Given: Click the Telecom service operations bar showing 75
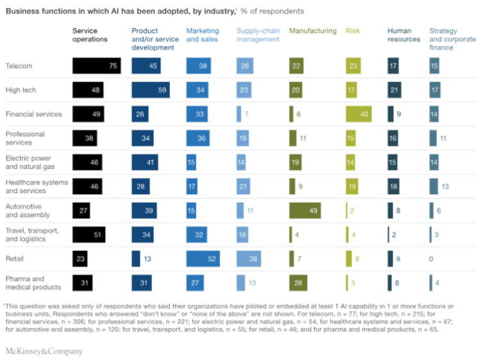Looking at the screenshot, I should coord(97,66).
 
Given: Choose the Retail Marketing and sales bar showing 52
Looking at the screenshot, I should coord(203,259).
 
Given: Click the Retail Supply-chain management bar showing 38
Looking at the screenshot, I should coord(249,259).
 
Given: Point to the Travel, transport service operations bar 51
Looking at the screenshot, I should coord(89,235).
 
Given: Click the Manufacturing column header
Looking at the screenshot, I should coord(312,31).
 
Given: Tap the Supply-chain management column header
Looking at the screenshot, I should coord(258,35).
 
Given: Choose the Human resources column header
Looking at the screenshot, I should coord(403,35).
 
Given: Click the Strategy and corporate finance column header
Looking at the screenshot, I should coord(452,39).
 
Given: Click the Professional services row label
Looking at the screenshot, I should coord(25,138).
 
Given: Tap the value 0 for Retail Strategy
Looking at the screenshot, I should coord(432,259).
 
